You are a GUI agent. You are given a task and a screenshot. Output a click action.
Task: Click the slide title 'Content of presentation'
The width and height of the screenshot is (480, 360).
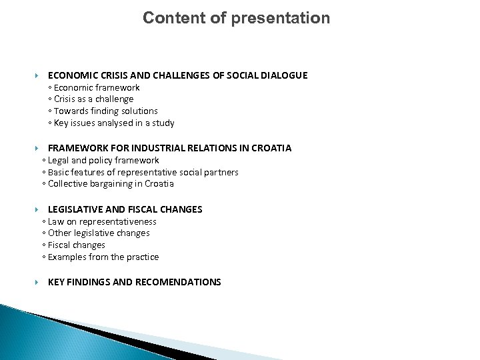tap(236, 18)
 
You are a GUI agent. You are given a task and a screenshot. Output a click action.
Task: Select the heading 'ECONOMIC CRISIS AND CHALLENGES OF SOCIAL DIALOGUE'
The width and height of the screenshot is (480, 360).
tap(177, 76)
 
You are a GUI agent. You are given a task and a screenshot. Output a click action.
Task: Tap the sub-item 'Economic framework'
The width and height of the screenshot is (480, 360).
tap(97, 87)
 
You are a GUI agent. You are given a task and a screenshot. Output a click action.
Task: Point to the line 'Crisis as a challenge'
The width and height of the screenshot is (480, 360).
tap(93, 99)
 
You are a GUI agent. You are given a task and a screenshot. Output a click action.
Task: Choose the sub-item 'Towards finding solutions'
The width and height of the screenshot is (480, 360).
tap(105, 111)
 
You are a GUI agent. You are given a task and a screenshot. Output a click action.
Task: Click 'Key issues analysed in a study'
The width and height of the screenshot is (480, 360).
tap(114, 123)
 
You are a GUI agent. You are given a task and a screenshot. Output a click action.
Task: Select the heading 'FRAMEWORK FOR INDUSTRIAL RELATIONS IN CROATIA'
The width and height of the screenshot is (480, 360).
tap(169, 148)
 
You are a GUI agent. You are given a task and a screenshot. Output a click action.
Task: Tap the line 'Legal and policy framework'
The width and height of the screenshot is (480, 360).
tap(102, 160)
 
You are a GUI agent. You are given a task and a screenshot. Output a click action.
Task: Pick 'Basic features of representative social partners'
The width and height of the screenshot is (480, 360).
tap(142, 172)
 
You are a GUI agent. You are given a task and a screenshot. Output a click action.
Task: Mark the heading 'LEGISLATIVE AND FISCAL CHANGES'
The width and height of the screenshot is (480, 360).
tap(125, 209)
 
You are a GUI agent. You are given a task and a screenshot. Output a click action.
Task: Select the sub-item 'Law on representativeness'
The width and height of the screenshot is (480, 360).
tap(101, 221)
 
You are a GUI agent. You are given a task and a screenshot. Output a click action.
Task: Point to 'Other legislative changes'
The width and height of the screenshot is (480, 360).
tap(97, 233)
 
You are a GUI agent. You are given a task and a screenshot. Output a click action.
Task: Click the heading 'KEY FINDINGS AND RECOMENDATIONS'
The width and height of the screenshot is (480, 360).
tap(134, 282)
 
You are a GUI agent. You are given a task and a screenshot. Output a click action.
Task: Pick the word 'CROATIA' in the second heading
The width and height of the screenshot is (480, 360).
tap(270, 148)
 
